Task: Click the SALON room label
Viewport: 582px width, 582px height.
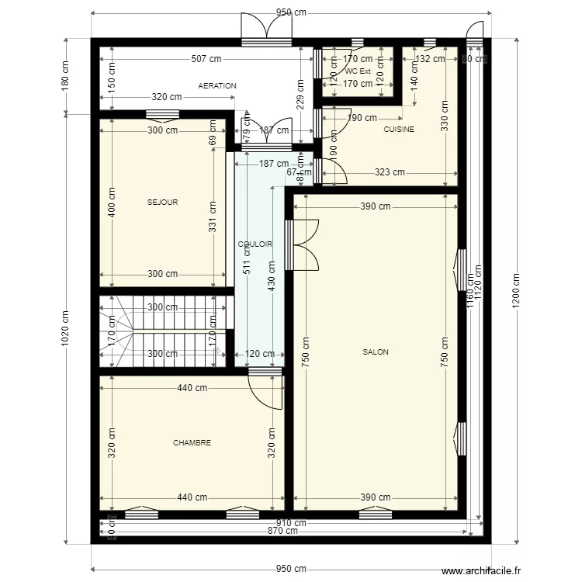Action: (376, 352)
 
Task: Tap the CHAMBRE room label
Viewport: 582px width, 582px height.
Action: (192, 443)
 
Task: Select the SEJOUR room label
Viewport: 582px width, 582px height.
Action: (163, 203)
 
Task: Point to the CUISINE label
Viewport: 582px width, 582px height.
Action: (399, 130)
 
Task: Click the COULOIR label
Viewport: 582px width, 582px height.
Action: (255, 244)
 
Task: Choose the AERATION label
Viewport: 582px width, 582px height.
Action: (217, 86)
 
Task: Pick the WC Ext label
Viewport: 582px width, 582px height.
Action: (358, 71)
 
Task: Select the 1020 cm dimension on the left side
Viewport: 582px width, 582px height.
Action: (66, 330)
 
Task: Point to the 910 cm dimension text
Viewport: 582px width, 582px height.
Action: (290, 523)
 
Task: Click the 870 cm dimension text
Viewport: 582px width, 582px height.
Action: (283, 531)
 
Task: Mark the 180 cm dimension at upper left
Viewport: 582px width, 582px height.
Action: (66, 75)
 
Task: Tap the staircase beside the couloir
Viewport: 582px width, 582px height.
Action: (165, 331)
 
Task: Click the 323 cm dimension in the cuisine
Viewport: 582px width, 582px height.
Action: (390, 173)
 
